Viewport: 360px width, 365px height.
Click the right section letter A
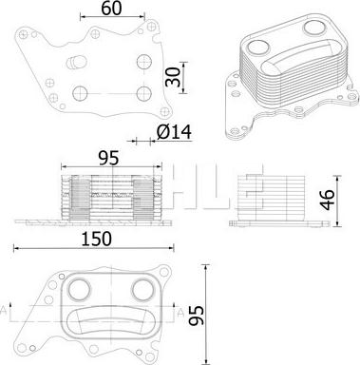[180, 314]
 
